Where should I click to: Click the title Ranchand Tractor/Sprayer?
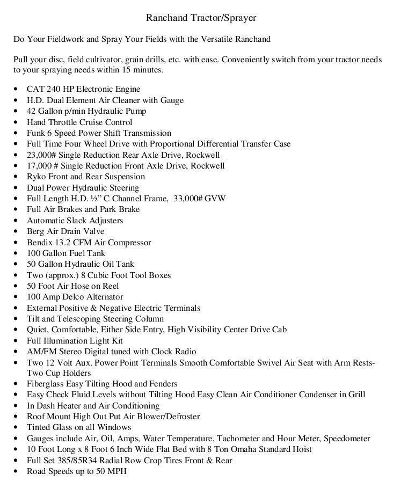click(x=201, y=18)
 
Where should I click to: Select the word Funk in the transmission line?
click(x=36, y=133)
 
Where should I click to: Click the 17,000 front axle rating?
click(x=41, y=166)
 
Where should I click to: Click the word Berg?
click(x=36, y=231)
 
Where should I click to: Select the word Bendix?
click(x=40, y=243)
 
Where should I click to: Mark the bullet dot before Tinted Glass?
click(x=16, y=428)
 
